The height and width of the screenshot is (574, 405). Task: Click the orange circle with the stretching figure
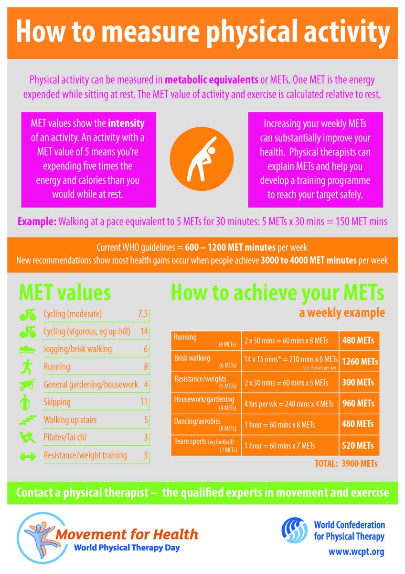point(202,159)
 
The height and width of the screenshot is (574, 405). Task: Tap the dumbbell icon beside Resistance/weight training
point(27,456)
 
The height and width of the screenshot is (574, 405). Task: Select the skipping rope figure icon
point(25,403)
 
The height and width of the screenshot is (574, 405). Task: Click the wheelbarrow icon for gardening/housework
point(27,385)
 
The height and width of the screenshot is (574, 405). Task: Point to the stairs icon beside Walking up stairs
point(28,420)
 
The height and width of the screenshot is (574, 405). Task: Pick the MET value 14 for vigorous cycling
point(144,331)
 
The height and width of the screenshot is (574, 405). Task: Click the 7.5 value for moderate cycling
point(143,314)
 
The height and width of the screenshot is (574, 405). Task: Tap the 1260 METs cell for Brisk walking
point(360,362)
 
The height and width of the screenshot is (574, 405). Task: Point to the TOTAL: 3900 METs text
point(346,464)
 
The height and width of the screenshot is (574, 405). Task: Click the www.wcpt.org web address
point(356,551)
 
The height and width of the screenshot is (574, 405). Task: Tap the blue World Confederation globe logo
point(295,530)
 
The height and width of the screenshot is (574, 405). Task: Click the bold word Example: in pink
point(37,221)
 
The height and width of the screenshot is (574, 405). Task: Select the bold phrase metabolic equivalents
point(211,80)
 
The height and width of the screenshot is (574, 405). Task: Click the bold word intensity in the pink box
point(126,123)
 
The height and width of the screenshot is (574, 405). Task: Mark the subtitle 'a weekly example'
point(342,313)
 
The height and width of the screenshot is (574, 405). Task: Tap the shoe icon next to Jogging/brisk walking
point(27,350)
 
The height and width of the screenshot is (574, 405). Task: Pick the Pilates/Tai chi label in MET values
point(65,437)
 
